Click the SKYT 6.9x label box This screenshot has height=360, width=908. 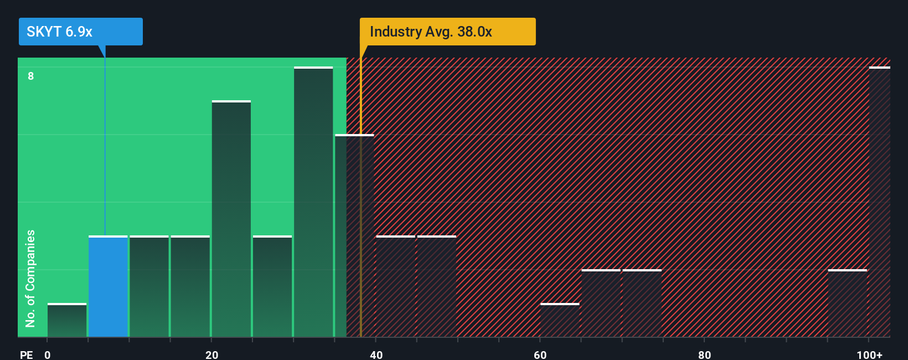pyautogui.click(x=80, y=32)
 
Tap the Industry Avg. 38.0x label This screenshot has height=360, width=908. pyautogui.click(x=447, y=32)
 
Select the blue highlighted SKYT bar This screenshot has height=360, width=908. pyautogui.click(x=108, y=287)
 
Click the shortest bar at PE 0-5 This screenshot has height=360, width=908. pyautogui.click(x=67, y=321)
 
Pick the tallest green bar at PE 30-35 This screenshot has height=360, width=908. pyautogui.click(x=313, y=202)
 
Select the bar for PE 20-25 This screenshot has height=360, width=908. pyautogui.click(x=231, y=219)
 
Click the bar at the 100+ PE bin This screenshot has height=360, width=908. pyautogui.click(x=879, y=202)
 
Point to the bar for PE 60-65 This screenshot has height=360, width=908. pyautogui.click(x=560, y=321)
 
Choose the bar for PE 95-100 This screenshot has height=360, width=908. pyautogui.click(x=847, y=304)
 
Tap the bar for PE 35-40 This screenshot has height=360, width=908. pyautogui.click(x=354, y=236)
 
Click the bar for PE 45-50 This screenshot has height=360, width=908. pyautogui.click(x=436, y=287)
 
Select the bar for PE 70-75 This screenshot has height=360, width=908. pyautogui.click(x=642, y=304)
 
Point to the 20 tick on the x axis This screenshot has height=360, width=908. pyautogui.click(x=211, y=354)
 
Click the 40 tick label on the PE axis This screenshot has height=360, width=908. pyautogui.click(x=376, y=354)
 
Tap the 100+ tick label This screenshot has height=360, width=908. pyautogui.click(x=869, y=354)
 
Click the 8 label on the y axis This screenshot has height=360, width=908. pyautogui.click(x=31, y=76)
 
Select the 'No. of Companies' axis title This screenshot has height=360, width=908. pyautogui.click(x=30, y=278)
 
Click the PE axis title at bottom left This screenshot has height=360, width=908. pyautogui.click(x=26, y=354)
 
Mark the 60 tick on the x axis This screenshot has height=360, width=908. pyautogui.click(x=540, y=354)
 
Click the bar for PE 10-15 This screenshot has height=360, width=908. pyautogui.click(x=149, y=287)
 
